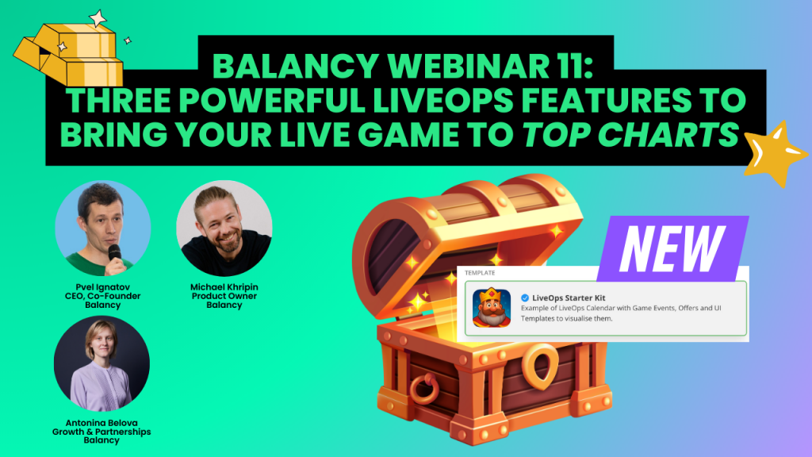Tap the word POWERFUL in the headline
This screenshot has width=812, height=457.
coord(273,100)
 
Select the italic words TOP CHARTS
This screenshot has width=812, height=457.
coord(630,134)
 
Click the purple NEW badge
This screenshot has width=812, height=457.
coord(672,248)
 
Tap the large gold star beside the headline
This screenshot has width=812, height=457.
coord(776,153)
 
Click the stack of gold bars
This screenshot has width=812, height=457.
coord(69,53)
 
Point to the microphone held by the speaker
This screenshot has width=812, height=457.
coord(115,255)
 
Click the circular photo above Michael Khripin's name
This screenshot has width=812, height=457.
coord(224,228)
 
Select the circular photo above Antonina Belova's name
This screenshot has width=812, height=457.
coord(102,363)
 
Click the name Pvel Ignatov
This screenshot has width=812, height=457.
coord(102,287)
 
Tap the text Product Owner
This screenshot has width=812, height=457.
coord(224,296)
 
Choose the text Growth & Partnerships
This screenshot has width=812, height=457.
coord(101,432)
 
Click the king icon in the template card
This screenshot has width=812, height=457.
coord(492,308)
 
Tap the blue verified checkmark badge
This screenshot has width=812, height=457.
coord(525,298)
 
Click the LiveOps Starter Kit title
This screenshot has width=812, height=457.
coord(569,298)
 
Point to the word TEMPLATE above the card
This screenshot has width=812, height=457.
coord(480,273)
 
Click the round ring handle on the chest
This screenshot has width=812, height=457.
coord(424,389)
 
